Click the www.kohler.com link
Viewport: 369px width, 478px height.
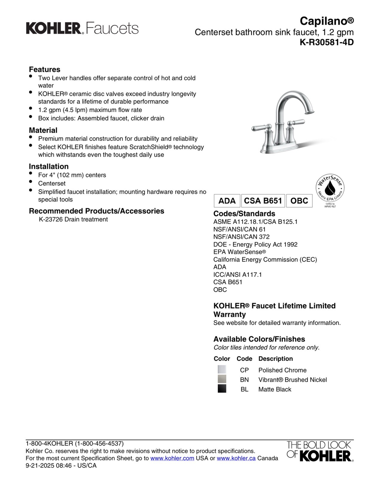(172, 458)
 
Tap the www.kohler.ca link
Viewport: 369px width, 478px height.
(236, 458)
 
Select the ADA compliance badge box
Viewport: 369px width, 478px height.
(227, 201)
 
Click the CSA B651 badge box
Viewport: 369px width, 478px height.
(263, 201)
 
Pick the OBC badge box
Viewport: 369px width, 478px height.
(299, 201)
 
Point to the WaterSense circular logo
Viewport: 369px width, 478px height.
(330, 189)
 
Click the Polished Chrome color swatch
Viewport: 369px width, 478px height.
(222, 370)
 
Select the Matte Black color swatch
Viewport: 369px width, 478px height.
(222, 389)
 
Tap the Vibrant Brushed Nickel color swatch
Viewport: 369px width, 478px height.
(222, 379)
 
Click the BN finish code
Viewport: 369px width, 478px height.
(244, 380)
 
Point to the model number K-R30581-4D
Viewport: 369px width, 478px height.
(327, 42)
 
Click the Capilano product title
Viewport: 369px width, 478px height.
(327, 21)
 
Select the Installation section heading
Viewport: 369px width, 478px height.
(49, 166)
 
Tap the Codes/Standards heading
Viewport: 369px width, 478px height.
(244, 214)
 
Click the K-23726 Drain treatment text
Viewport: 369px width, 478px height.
(73, 219)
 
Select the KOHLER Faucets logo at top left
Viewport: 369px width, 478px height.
(82, 28)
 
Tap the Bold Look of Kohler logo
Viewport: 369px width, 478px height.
(320, 451)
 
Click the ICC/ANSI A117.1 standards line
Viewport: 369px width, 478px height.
(237, 275)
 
